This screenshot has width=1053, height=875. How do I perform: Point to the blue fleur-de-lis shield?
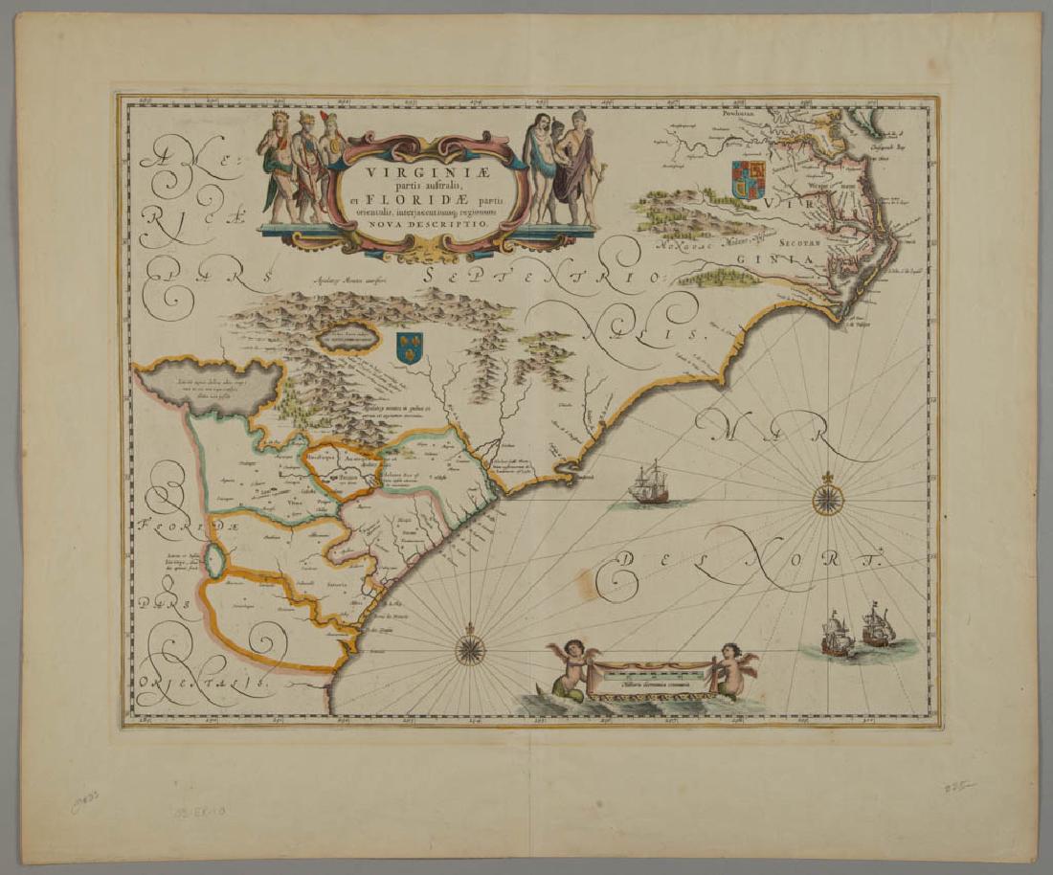coord(410,347)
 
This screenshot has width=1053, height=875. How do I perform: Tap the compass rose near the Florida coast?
coord(469,648)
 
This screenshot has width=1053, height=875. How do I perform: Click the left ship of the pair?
coord(837,635)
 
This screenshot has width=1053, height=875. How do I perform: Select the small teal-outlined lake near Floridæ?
coord(217,562)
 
